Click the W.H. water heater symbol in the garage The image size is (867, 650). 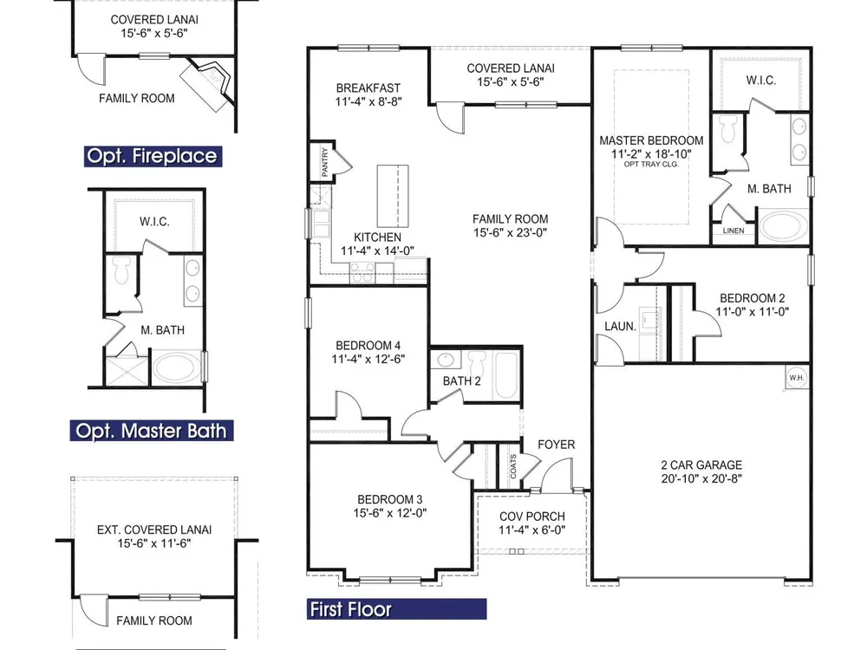click(797, 378)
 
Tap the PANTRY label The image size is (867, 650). click(325, 161)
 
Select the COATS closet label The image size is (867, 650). click(513, 466)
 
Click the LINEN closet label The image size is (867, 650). click(733, 231)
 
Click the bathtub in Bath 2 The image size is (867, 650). click(505, 374)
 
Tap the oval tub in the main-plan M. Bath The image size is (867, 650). click(783, 226)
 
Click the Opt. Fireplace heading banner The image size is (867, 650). click(153, 156)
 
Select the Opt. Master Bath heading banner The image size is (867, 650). click(152, 431)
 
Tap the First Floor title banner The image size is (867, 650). click(396, 609)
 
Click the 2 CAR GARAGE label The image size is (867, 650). click(701, 465)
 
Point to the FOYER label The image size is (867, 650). click(557, 445)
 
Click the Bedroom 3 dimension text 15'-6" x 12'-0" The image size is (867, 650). click(390, 513)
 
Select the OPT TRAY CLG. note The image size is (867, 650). click(651, 164)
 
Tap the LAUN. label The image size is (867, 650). click(621, 326)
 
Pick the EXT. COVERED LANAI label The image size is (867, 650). click(154, 530)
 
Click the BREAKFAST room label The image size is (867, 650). click(368, 88)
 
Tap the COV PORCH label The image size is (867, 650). click(532, 517)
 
